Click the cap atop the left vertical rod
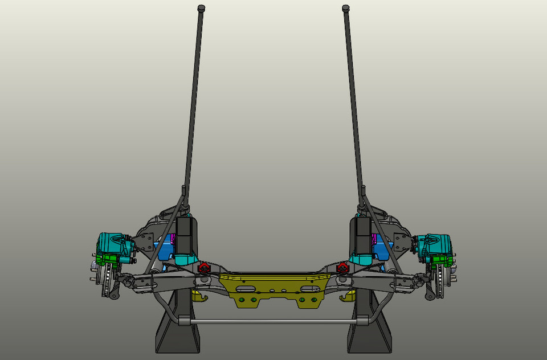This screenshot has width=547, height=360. click(x=201, y=8)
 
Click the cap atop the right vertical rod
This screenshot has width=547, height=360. click(x=345, y=8)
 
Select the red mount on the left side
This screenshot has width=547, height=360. click(x=203, y=268)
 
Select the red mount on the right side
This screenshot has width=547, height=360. click(x=342, y=268)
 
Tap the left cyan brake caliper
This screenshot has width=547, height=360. click(x=114, y=245)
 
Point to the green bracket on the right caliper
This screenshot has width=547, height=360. click(x=441, y=260)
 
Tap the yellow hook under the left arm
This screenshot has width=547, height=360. click(x=197, y=296)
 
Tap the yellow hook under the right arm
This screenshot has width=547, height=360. click(x=346, y=296)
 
